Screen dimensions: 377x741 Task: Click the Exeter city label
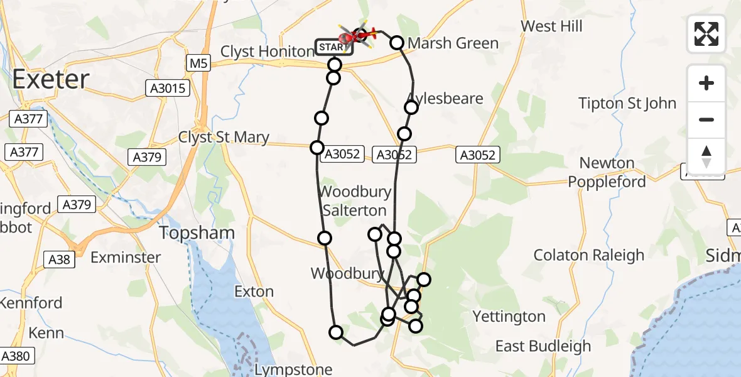pyautogui.click(x=51, y=80)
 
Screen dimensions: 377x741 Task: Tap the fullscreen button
pyautogui.click(x=706, y=34)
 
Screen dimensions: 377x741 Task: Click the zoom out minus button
pyautogui.click(x=706, y=119)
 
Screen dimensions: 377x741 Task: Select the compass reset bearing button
pyautogui.click(x=706, y=156)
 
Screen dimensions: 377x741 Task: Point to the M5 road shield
pyautogui.click(x=199, y=63)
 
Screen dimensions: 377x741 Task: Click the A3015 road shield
pyautogui.click(x=168, y=89)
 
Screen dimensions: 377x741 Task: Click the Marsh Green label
pyautogui.click(x=453, y=43)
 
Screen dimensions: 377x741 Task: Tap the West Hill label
pyautogui.click(x=552, y=26)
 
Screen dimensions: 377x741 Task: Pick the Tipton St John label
pyautogui.click(x=627, y=103)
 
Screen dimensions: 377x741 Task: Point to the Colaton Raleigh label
pyautogui.click(x=589, y=255)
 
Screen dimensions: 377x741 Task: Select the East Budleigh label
pyautogui.click(x=543, y=346)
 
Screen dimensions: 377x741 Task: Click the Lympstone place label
pyautogui.click(x=293, y=369)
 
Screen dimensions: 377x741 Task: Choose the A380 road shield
pyautogui.click(x=15, y=356)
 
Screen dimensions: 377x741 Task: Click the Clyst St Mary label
pyautogui.click(x=224, y=138)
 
